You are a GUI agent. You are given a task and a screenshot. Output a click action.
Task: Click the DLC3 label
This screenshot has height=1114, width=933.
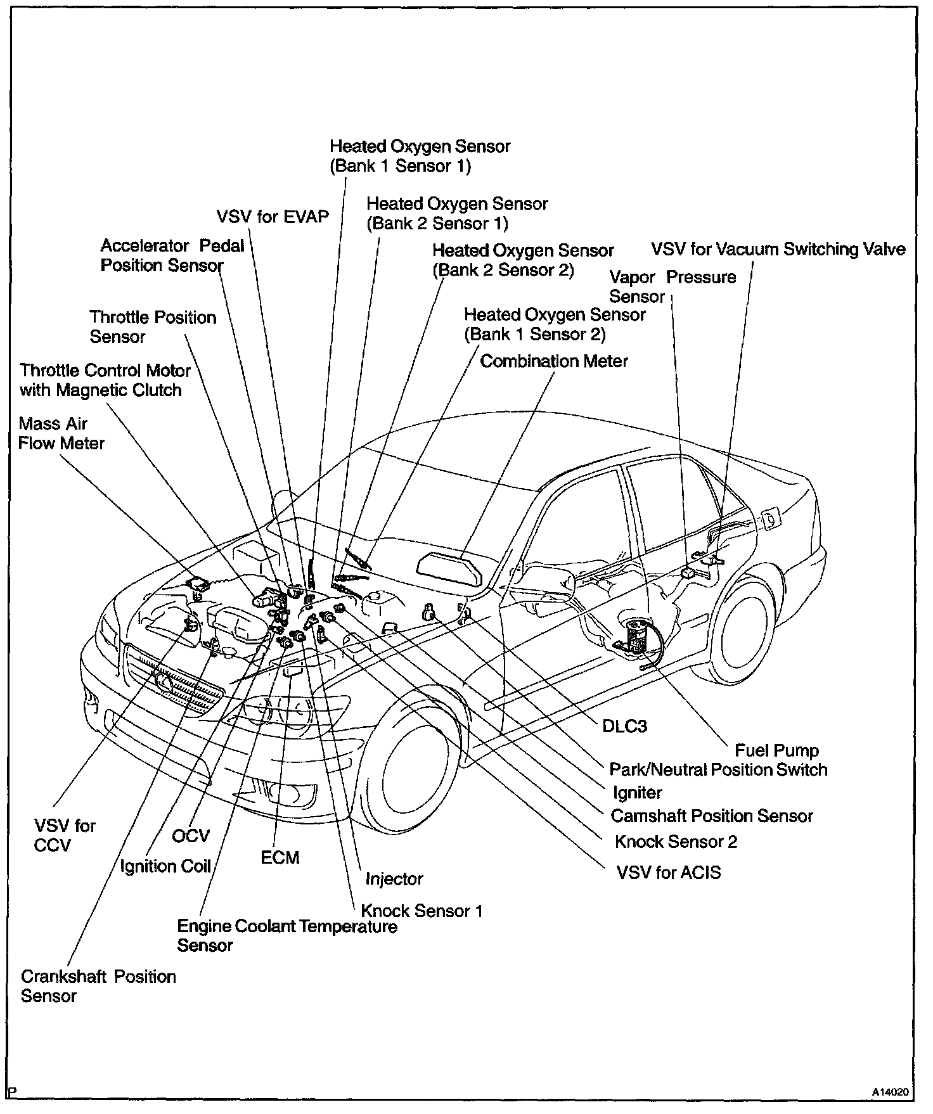tap(624, 726)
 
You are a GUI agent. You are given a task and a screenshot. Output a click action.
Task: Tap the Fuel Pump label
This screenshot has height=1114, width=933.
tap(776, 750)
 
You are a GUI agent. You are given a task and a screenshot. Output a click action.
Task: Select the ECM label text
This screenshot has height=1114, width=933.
tap(280, 857)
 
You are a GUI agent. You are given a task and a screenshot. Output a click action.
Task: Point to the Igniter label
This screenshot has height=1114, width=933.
tap(637, 793)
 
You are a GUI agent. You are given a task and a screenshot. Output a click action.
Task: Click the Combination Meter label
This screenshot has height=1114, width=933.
tap(553, 361)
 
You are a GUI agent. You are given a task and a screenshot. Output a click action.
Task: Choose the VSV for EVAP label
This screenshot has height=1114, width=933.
tap(273, 217)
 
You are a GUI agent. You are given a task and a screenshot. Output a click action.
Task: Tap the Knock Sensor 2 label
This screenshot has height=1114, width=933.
tap(676, 842)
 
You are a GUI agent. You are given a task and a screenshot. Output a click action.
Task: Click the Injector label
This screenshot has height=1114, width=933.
tap(394, 879)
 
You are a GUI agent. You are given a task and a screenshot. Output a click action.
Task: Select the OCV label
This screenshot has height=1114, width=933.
tap(190, 836)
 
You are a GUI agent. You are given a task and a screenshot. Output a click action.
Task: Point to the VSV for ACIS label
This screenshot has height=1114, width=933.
tap(669, 873)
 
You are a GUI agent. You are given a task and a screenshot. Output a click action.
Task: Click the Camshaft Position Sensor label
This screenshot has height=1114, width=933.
tap(711, 816)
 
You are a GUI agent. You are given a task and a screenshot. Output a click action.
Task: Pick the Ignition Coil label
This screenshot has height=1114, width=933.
tap(165, 866)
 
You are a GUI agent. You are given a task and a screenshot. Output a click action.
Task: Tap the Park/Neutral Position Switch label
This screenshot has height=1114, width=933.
tap(718, 770)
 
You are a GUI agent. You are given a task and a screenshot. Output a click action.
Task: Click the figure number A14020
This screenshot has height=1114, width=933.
tap(891, 1092)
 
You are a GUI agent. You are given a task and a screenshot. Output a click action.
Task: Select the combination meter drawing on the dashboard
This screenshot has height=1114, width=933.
tap(451, 568)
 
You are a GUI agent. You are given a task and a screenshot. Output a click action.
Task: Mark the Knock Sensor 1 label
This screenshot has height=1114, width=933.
tap(421, 911)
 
